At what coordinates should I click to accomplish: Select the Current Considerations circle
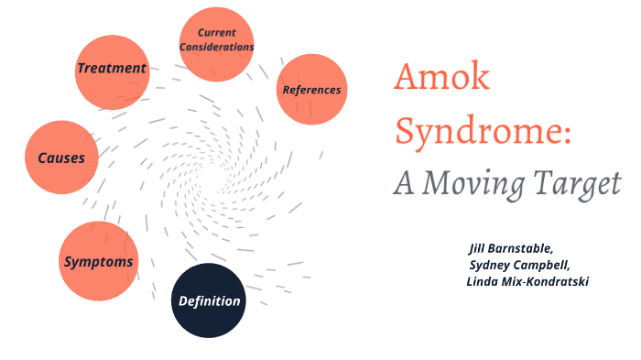(x=217, y=42)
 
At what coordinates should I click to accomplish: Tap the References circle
(x=311, y=90)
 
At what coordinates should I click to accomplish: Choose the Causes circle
(x=61, y=158)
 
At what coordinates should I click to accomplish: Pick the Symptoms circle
(x=98, y=261)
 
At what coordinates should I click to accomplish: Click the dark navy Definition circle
(x=210, y=300)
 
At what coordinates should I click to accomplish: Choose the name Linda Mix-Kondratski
(x=527, y=281)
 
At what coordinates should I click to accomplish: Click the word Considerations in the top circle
(x=217, y=48)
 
